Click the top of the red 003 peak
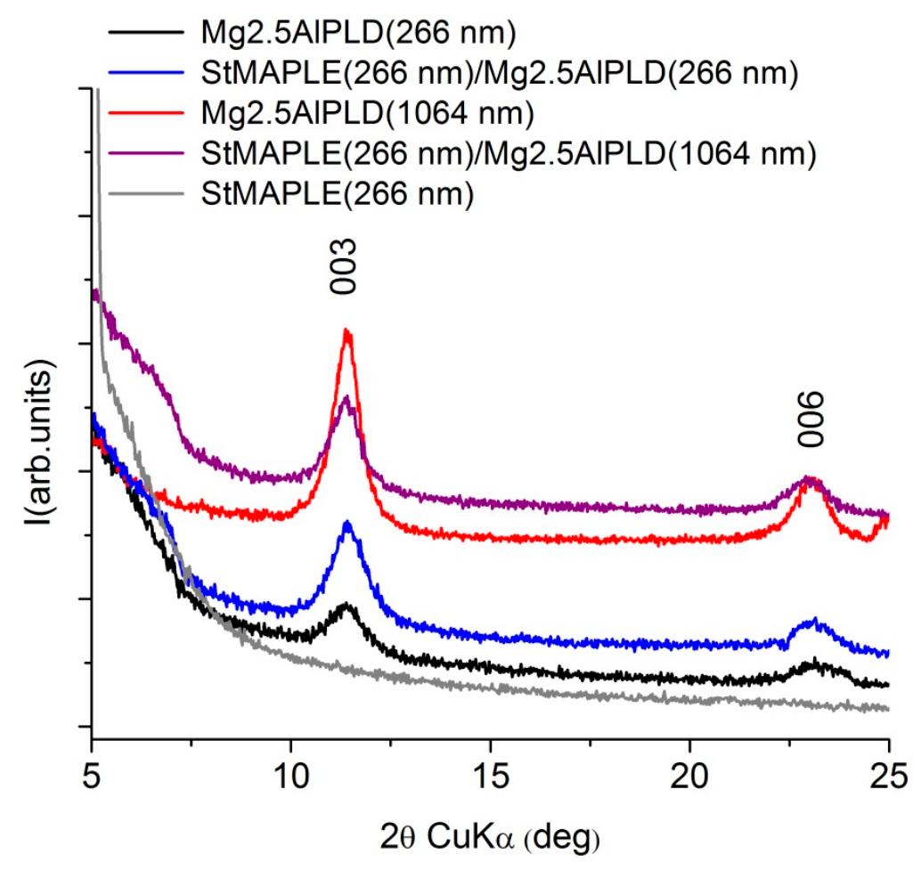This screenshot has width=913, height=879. [x=347, y=331]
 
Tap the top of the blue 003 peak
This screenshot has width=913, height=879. [x=347, y=524]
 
